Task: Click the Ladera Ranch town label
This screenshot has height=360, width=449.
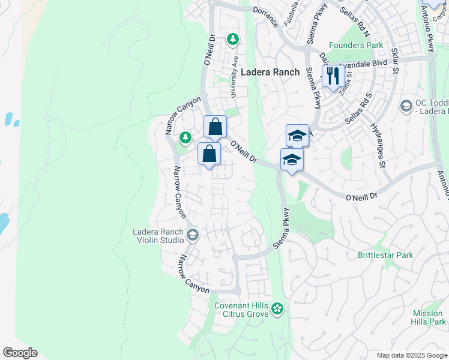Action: click(270, 72)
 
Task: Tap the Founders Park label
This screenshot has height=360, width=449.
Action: click(356, 46)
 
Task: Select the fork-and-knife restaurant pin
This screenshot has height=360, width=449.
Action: click(332, 76)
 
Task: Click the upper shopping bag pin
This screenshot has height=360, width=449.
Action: click(215, 127)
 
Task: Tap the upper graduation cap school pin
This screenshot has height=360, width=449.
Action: click(297, 136)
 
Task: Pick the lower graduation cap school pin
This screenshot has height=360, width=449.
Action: click(292, 160)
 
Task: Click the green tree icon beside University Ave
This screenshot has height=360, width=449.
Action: click(233, 40)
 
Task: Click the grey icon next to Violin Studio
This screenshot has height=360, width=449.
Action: click(192, 234)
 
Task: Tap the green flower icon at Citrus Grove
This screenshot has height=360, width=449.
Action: click(277, 309)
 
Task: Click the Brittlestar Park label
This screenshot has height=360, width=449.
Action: click(385, 255)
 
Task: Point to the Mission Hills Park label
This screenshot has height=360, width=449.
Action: click(429, 317)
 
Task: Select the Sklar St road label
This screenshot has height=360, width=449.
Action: click(395, 61)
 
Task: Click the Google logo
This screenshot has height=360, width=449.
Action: click(20, 353)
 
